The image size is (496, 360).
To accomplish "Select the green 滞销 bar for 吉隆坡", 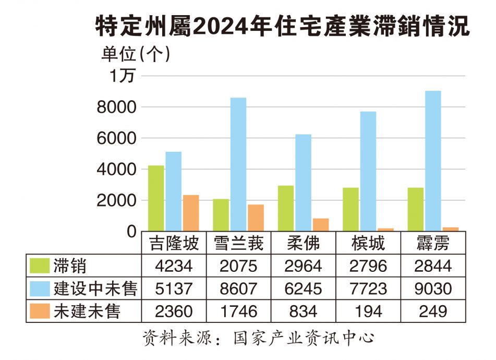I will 156,198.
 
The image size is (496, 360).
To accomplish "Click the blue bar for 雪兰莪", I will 238,164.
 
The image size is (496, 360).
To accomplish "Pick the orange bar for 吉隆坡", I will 191,213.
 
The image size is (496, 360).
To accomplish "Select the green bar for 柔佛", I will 286,208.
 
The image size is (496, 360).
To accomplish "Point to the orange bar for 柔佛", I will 321,225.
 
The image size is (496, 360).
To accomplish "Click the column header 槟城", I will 368,244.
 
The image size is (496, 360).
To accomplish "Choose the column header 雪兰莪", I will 238,244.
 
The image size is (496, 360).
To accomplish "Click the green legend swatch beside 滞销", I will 40,266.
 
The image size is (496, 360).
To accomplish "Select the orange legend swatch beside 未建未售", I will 40,311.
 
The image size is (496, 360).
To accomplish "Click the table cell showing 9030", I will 433,289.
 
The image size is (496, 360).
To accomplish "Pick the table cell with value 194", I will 368,311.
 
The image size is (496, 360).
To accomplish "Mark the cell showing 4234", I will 174,266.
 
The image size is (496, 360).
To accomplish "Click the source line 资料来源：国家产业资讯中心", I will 259,338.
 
